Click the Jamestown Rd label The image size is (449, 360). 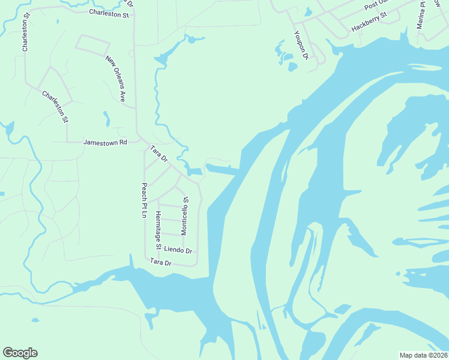(x=106, y=143)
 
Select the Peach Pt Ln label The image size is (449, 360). (x=144, y=200)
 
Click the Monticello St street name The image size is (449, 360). (x=185, y=215)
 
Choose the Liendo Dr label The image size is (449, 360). (x=178, y=250)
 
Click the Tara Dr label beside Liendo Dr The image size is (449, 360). (x=161, y=262)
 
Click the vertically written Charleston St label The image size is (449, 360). (x=26, y=35)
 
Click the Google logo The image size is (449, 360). (x=20, y=353)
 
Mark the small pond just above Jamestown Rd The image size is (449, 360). (x=107, y=119)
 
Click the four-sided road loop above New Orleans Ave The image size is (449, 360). (x=92, y=44)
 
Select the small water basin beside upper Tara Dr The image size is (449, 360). (x=194, y=172)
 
